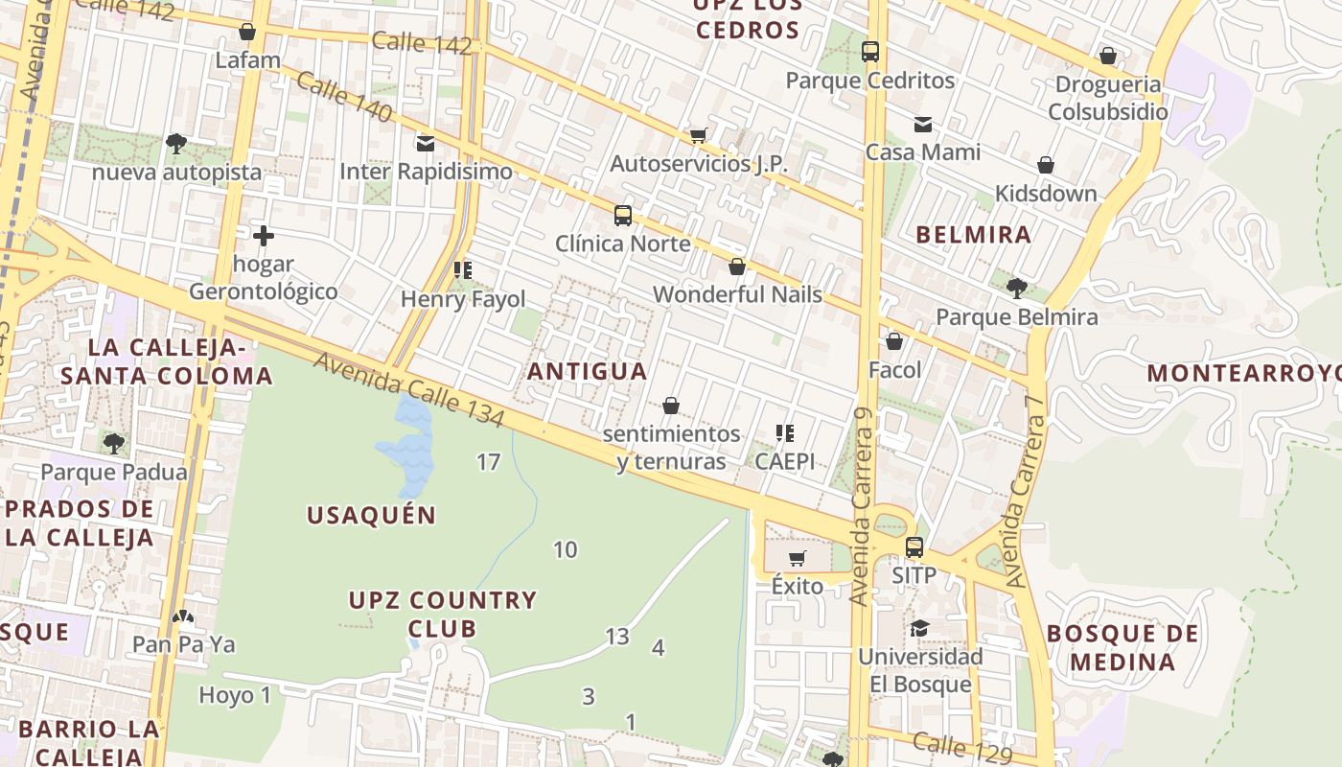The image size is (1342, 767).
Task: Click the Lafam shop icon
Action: click(247, 32)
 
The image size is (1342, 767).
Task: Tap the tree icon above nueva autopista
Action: click(176, 144)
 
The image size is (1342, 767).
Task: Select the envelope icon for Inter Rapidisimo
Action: click(426, 144)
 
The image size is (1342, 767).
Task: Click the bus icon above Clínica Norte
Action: click(623, 215)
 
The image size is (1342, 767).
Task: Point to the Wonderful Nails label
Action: click(737, 294)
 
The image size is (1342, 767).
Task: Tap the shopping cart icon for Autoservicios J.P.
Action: click(699, 135)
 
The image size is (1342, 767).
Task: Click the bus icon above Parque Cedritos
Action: click(870, 52)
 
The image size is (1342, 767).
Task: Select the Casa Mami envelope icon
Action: click(923, 124)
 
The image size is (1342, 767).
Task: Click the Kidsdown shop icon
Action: click(1046, 165)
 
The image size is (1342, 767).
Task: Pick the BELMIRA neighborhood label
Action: click(973, 235)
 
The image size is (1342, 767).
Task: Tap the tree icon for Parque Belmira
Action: click(1017, 288)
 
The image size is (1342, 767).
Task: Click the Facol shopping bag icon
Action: click(894, 341)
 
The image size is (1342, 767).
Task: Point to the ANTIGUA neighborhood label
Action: click(587, 371)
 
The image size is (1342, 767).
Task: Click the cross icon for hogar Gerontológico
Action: click(264, 235)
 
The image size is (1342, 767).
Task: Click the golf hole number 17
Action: click(488, 462)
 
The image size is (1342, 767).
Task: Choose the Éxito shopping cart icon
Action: click(797, 558)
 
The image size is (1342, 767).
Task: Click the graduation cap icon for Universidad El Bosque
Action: click(920, 628)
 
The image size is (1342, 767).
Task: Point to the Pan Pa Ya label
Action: click(183, 644)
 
